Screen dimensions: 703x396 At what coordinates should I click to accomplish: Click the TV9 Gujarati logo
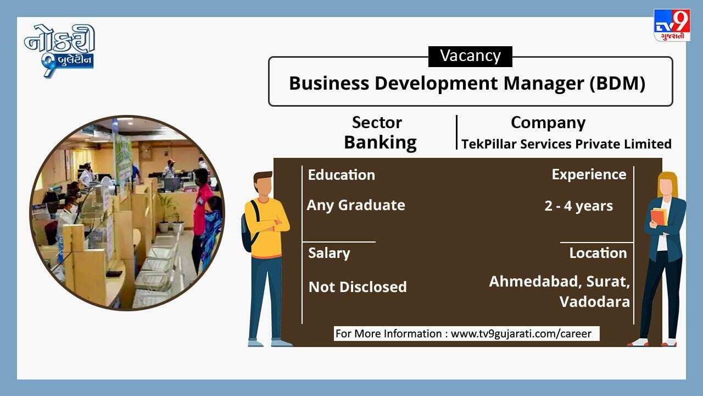(672, 25)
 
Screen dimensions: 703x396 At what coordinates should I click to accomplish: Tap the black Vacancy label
(470, 56)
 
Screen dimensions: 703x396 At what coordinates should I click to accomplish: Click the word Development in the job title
(437, 84)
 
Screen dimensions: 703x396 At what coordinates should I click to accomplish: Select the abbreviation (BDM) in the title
(617, 83)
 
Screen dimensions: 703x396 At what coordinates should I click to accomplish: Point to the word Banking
(380, 142)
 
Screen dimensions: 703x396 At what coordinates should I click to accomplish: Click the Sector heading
(377, 122)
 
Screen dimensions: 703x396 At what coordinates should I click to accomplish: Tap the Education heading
(342, 175)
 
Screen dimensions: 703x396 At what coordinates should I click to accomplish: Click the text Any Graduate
(356, 205)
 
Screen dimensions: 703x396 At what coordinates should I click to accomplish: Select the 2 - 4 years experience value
(578, 206)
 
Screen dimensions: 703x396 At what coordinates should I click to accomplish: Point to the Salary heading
(329, 254)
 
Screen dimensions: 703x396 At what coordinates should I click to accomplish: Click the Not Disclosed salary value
(358, 287)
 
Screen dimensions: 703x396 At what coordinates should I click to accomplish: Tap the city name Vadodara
(594, 302)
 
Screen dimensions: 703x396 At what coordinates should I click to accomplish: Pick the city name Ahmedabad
(533, 281)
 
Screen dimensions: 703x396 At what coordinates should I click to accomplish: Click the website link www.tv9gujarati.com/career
(521, 333)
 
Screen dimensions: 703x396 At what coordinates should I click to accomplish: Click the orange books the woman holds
(659, 217)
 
